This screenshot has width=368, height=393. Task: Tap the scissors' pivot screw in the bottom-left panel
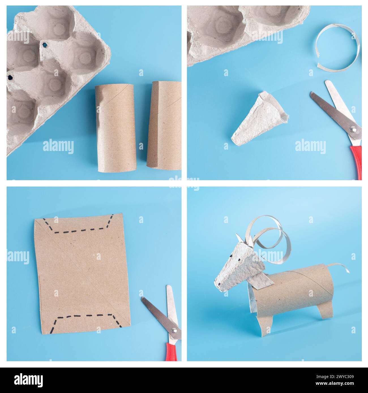[174, 330]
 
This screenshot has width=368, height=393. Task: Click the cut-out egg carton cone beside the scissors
[260, 119]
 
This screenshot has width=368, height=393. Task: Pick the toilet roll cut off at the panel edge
[164, 125]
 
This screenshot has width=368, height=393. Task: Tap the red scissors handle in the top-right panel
[357, 162]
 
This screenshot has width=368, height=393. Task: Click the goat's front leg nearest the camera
[265, 325]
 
